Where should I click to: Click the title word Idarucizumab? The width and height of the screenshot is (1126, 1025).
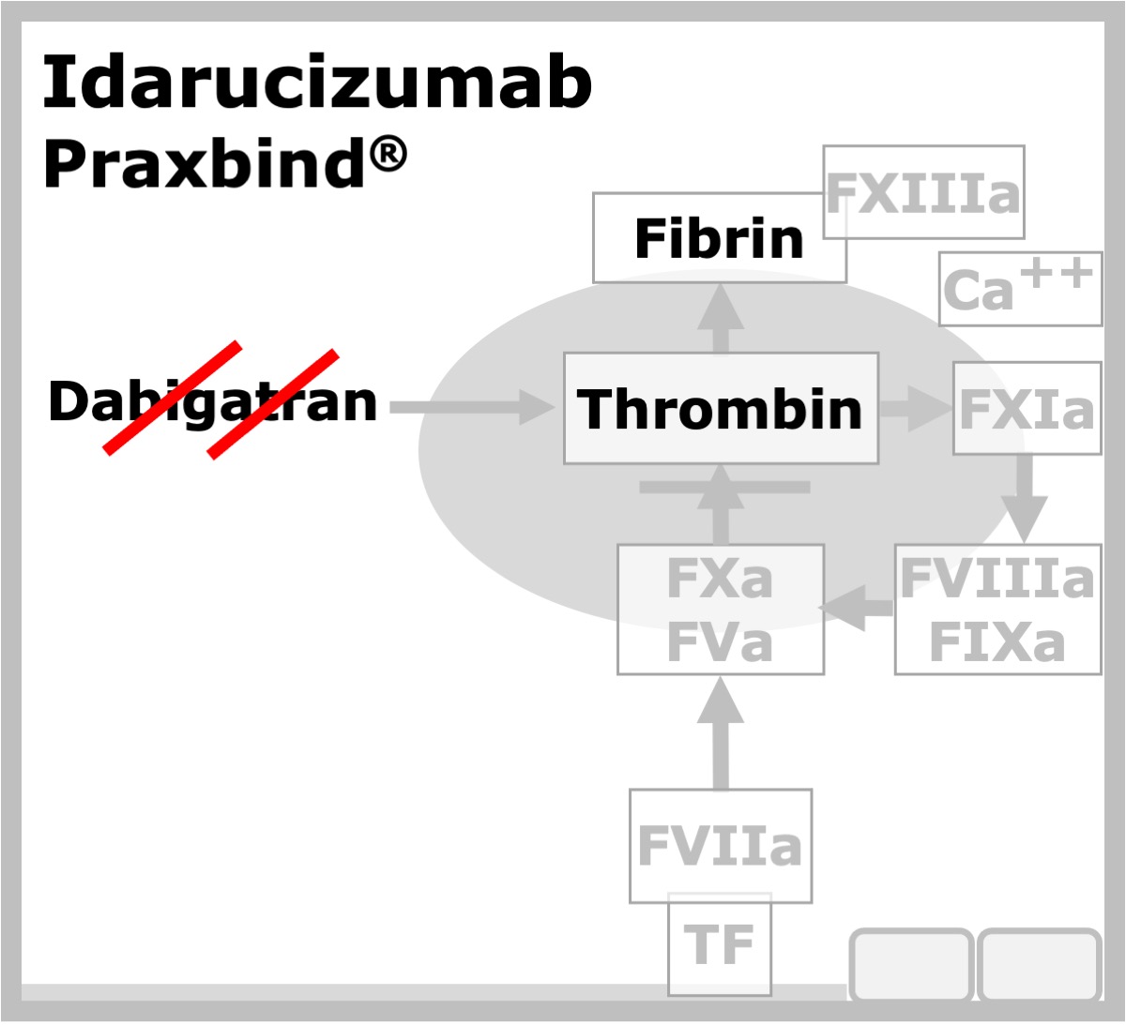(x=317, y=82)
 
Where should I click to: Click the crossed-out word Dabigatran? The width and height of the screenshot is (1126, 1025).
(x=213, y=400)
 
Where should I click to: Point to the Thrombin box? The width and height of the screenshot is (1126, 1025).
(x=721, y=409)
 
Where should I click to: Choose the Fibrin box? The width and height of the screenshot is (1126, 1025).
(x=719, y=238)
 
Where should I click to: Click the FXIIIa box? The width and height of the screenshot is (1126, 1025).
(x=923, y=192)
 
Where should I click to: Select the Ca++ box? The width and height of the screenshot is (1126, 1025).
(x=1020, y=289)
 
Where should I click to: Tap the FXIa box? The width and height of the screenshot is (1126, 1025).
(x=1027, y=409)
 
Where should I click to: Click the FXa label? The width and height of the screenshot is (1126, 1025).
(x=719, y=579)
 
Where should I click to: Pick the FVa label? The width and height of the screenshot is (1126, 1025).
(x=719, y=642)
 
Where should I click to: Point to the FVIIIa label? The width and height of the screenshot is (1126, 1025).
(x=997, y=579)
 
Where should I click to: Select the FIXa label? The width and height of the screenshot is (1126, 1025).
(x=997, y=642)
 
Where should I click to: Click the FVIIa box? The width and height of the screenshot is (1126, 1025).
(x=720, y=846)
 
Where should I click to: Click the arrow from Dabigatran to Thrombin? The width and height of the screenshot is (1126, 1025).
(x=471, y=407)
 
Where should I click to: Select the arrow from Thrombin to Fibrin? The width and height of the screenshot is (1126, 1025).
(x=721, y=320)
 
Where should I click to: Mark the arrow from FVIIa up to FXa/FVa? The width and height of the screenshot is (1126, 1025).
(x=721, y=732)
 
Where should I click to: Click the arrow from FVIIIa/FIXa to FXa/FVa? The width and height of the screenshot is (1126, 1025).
(x=856, y=608)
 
